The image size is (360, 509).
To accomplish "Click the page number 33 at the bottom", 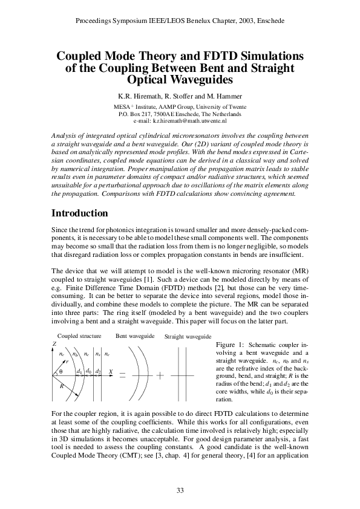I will (x=180, y=490).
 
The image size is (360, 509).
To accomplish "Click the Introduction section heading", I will (x=80, y=213).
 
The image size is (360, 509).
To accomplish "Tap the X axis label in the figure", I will (x=110, y=370).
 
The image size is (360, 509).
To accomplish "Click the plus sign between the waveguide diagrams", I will (x=160, y=375).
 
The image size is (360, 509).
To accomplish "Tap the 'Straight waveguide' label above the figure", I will (x=188, y=336).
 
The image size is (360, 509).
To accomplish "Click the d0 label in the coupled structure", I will (x=88, y=370).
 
